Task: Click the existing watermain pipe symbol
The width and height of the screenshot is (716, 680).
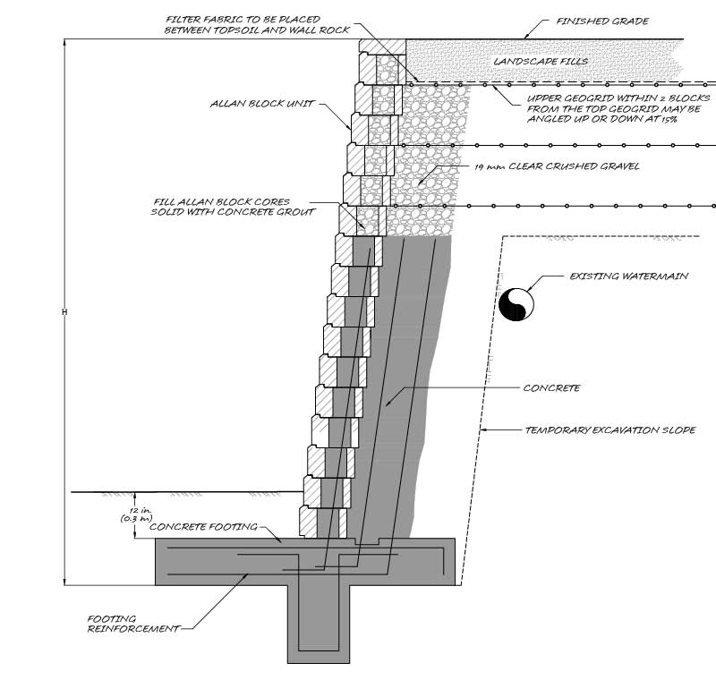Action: tap(516, 304)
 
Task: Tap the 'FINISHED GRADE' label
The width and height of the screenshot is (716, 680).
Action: tap(602, 21)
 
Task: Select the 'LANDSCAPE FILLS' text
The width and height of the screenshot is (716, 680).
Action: tap(541, 61)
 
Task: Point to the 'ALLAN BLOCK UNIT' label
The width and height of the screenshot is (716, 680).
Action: tap(262, 104)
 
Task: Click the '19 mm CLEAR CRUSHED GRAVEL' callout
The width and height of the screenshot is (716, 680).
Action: tap(557, 166)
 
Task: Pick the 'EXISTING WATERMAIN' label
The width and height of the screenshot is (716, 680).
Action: tap(629, 276)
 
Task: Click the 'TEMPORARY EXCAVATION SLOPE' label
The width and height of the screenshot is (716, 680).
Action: tap(610, 429)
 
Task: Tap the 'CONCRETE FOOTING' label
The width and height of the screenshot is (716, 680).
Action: tap(204, 527)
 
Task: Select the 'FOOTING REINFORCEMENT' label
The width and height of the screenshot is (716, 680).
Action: tap(133, 624)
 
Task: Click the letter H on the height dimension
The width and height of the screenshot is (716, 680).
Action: tap(64, 312)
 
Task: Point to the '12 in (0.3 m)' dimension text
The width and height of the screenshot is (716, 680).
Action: tap(136, 514)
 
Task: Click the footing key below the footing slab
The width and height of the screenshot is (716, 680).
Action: tap(319, 624)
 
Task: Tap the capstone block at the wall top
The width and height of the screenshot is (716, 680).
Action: tap(382, 47)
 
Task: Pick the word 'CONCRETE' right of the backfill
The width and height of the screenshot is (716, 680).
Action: tap(551, 388)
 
